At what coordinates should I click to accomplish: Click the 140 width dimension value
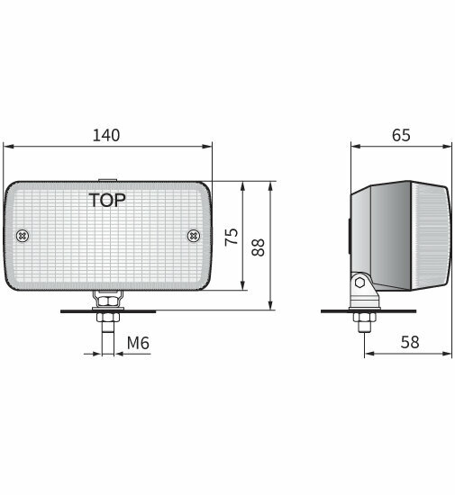[x=107, y=135]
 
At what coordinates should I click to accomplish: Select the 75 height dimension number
[x=231, y=238]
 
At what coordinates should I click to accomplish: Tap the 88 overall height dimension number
[x=259, y=246]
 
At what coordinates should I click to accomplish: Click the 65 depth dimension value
[x=401, y=135]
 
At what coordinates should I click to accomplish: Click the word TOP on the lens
[x=107, y=199]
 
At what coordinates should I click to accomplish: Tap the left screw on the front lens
[x=23, y=236]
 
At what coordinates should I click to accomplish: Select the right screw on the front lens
[x=193, y=236]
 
